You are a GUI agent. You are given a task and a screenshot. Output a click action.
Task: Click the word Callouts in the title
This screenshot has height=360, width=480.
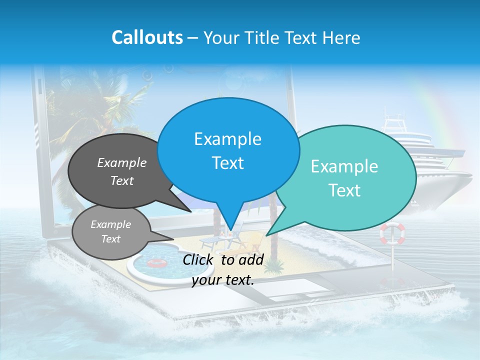(147, 37)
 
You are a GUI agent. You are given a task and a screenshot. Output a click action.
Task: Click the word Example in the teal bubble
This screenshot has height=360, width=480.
(344, 166)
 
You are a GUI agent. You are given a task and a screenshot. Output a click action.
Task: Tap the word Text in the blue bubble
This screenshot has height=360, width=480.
(228, 163)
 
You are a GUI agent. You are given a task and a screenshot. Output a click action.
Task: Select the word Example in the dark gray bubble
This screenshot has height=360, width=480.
(122, 163)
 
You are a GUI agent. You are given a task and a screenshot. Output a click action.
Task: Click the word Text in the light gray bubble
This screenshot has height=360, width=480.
(111, 239)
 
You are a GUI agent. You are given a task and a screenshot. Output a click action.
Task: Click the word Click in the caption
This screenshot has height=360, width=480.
(199, 259)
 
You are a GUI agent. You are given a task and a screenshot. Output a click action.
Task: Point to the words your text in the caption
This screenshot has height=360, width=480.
(223, 280)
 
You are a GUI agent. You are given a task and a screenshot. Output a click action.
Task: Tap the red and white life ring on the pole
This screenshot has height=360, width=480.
(392, 233)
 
